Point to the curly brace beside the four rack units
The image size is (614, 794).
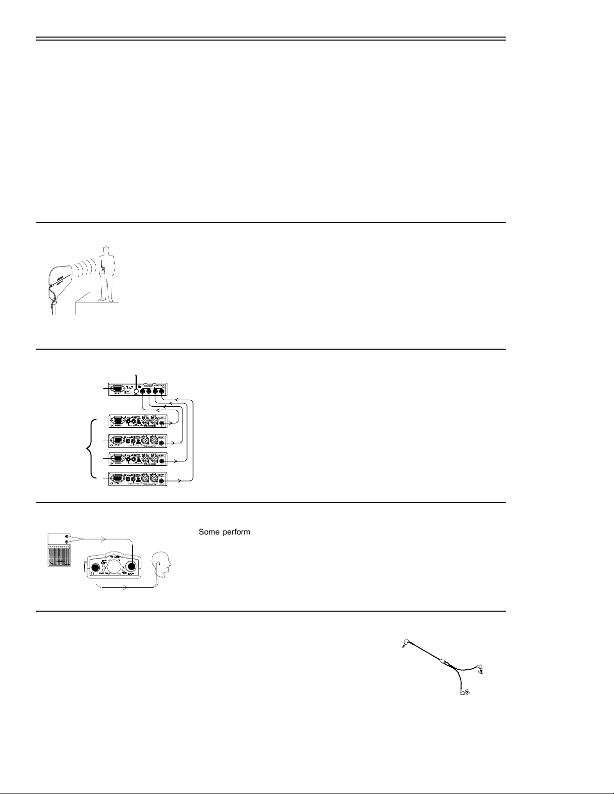pyautogui.click(x=91, y=449)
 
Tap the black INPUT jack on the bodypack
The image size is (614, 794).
pyautogui.click(x=131, y=567)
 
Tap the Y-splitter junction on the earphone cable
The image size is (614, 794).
pyautogui.click(x=442, y=662)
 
